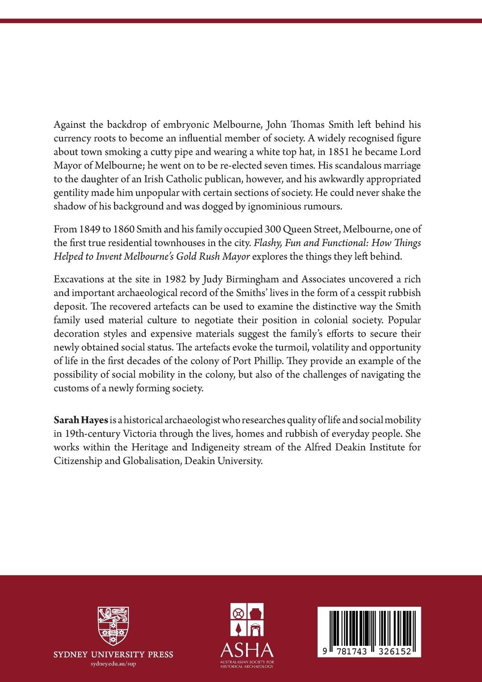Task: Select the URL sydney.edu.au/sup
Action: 113,663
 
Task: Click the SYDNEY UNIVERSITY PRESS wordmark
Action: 113,654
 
